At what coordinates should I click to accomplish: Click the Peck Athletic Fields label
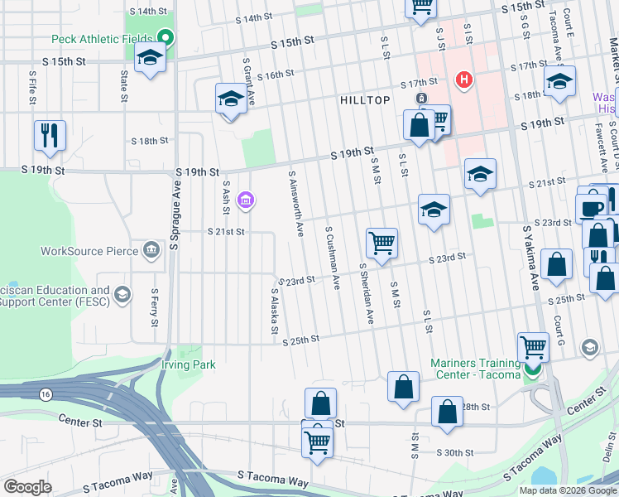coord(102,38)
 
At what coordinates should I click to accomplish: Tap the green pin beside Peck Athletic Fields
coord(166,37)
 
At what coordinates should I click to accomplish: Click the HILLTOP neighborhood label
coord(365,99)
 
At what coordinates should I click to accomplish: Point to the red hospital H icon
coord(464,80)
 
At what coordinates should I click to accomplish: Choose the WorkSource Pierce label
coord(84,251)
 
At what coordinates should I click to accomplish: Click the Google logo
coord(27,487)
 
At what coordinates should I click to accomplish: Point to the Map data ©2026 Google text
coord(567,490)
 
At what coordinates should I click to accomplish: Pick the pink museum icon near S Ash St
coord(245,200)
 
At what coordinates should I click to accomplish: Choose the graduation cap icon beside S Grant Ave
coord(232,99)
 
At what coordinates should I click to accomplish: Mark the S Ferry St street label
coord(154,307)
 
